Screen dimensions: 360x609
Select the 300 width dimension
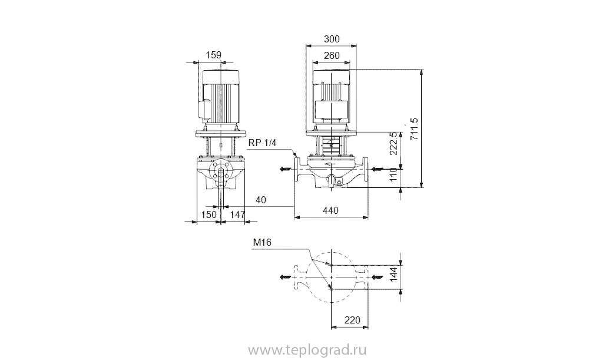click(332, 39)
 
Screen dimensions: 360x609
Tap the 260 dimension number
click(332, 55)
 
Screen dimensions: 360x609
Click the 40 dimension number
click(260, 200)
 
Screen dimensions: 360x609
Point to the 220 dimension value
click(352, 321)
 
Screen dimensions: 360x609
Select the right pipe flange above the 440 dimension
click(366, 169)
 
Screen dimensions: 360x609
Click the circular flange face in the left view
click(220, 173)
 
